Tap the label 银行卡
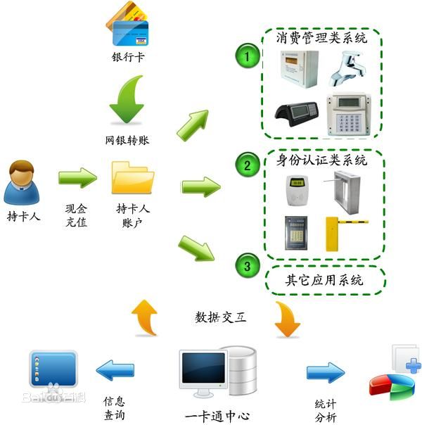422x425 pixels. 128,57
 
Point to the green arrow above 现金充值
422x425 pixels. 77,178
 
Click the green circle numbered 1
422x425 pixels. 247,57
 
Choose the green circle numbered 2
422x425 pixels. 247,166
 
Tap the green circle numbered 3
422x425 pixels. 247,266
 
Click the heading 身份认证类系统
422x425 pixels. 321,160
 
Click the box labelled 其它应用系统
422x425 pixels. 324,279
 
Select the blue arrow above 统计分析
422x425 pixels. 325,372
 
